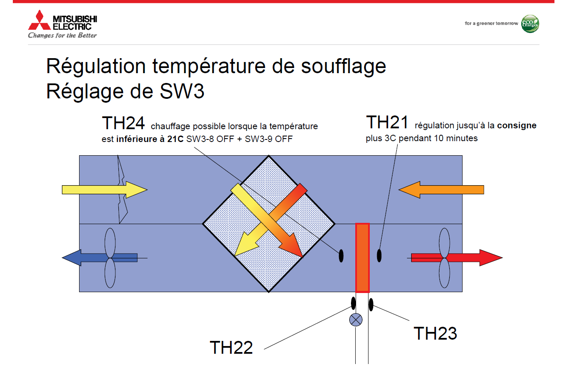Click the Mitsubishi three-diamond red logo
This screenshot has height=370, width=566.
pos(39,20)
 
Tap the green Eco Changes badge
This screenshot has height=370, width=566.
pos(530,24)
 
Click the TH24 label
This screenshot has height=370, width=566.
pos(123,123)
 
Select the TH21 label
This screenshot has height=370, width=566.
pos(387,122)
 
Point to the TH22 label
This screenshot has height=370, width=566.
pos(231,347)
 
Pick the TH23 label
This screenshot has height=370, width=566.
pos(435,333)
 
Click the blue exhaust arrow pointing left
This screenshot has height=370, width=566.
pos(100,258)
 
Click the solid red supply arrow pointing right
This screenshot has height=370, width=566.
pos(457,258)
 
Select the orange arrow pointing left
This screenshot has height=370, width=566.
pos(441,189)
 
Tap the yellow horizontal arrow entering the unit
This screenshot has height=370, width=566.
pos(105,189)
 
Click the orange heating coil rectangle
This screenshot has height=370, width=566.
pos(363,258)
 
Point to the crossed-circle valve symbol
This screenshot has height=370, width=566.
pos(356,320)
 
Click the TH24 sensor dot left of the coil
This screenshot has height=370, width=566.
pos(341,256)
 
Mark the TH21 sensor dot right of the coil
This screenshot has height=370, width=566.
pos(379,256)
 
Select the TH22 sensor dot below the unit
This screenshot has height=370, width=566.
pos(353,303)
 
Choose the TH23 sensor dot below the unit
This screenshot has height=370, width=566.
pos(371,305)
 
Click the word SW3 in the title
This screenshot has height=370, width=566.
pos(182,91)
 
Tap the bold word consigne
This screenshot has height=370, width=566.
pos(517,126)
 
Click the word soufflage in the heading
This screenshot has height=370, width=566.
pos(344,66)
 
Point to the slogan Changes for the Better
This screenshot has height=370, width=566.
pos(62,35)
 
